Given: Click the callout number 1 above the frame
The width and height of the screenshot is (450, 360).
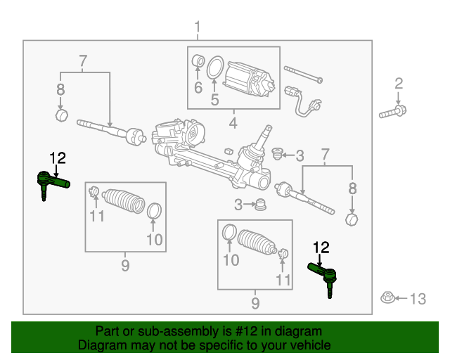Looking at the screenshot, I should click(x=197, y=28).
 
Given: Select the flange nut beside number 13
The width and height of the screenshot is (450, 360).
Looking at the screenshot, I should click(x=386, y=298).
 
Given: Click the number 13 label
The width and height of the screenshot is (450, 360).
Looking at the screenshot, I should click(x=417, y=300).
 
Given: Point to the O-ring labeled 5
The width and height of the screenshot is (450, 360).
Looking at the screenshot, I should click(x=217, y=68).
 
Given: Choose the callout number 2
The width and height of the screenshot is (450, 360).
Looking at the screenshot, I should click(x=399, y=84).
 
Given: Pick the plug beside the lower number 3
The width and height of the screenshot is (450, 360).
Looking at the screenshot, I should click(x=262, y=205).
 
